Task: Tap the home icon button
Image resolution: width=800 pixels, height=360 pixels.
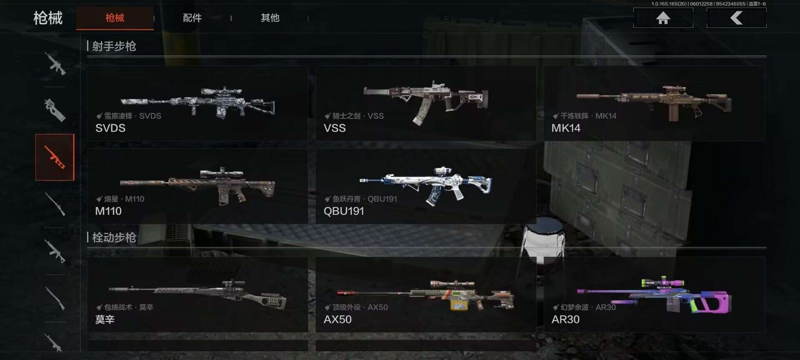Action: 663,18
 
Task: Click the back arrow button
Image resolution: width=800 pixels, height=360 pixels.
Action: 736,18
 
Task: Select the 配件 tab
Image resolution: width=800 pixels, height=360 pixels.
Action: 192,18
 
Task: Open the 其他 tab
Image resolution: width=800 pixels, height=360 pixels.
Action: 270,18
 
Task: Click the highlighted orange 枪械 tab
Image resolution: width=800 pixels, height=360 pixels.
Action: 115,18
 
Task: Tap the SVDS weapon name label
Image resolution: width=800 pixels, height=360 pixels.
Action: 110,128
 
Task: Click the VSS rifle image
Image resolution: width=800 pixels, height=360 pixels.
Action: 426,101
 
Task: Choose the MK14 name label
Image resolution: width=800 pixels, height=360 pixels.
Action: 566,128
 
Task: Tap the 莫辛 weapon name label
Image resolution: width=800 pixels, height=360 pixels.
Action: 105,320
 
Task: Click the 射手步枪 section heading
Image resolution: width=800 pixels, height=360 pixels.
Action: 114,46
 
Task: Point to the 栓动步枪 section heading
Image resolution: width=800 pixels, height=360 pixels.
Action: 114,237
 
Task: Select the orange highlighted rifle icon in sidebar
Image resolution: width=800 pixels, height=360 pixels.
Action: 55,157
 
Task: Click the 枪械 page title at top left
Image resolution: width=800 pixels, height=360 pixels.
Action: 48,18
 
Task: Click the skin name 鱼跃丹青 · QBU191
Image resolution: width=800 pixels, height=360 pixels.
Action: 365,199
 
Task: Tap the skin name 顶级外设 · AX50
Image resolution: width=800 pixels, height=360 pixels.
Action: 360,307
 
